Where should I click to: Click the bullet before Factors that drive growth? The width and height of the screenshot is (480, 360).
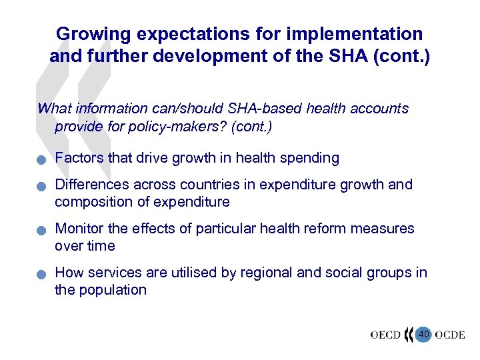pyautogui.click(x=41, y=160)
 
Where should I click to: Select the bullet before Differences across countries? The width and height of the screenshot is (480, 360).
pyautogui.click(x=41, y=187)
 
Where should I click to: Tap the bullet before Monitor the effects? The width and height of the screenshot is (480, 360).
pyautogui.click(x=41, y=231)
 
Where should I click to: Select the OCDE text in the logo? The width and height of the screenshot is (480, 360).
pyautogui.click(x=451, y=335)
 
